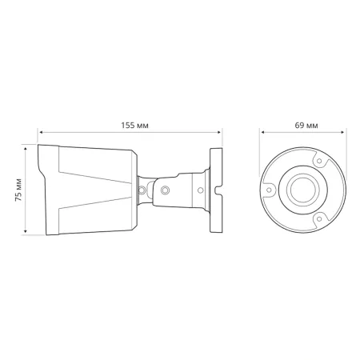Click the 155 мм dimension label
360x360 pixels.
tap(132, 125)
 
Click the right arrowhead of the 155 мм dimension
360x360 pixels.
tap(222, 133)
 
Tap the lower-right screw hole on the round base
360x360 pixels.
tap(320, 217)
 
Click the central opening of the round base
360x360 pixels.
tap(304, 190)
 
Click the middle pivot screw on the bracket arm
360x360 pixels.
tap(165, 191)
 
